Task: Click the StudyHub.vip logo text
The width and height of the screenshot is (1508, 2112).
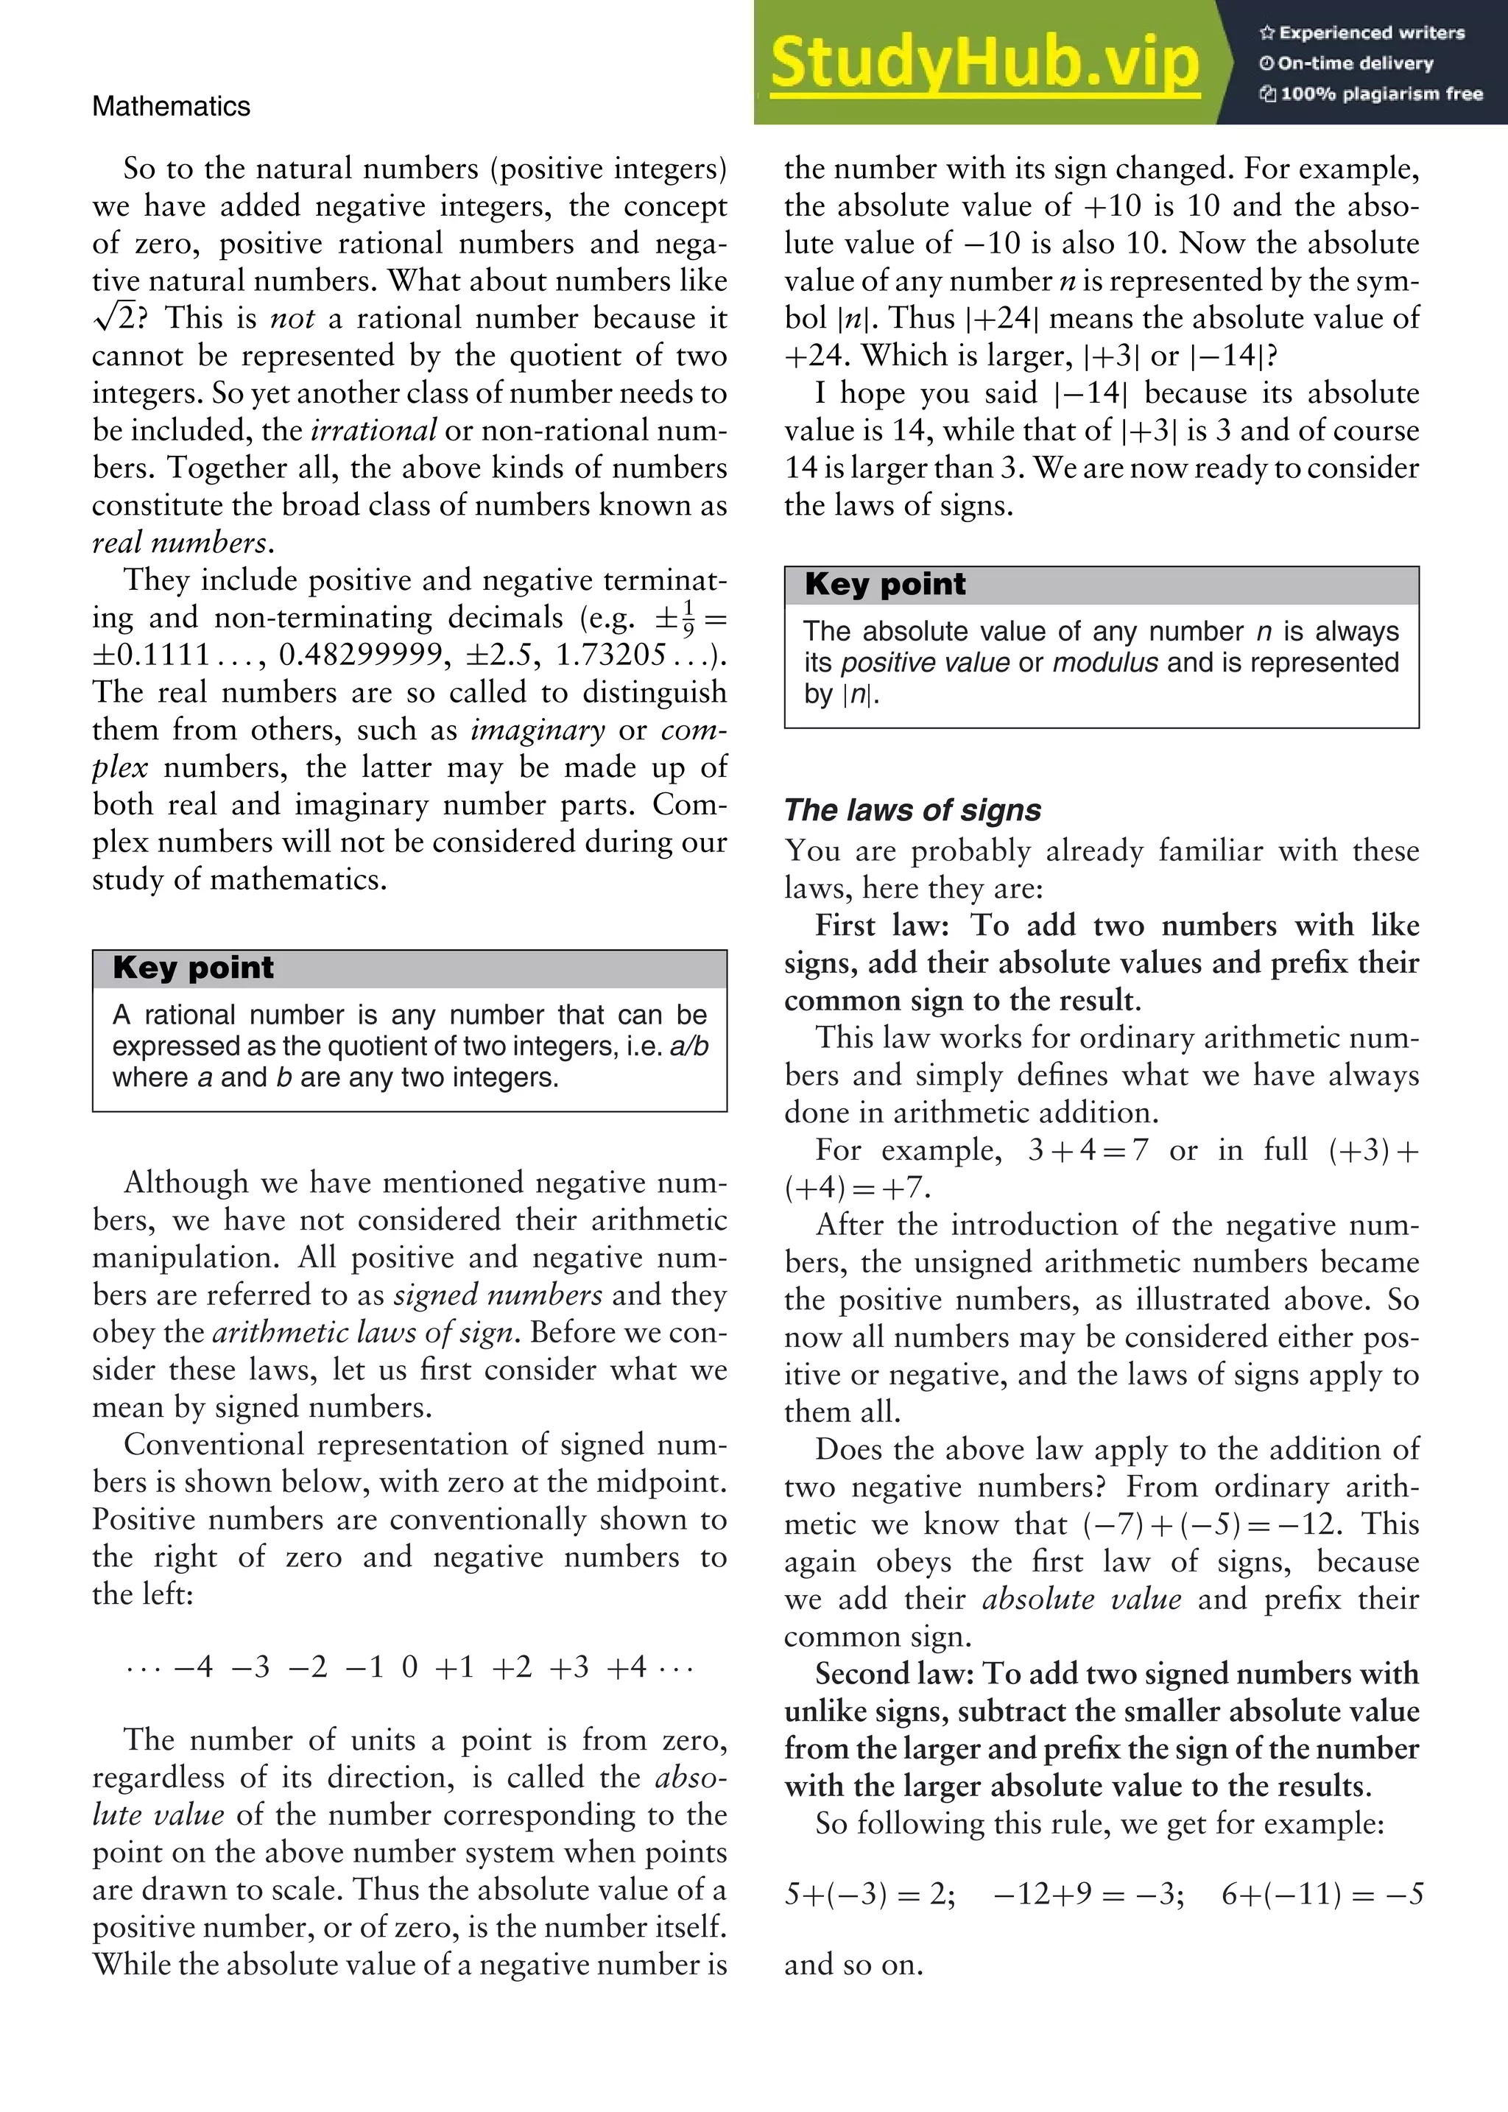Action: click(984, 63)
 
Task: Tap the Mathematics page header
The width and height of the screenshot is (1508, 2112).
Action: click(171, 106)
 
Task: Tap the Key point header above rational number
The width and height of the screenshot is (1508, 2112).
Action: click(193, 968)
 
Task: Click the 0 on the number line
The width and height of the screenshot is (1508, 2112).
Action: click(409, 1667)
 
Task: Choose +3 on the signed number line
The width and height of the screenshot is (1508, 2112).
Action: click(568, 1667)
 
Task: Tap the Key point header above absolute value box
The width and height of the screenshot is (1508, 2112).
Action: click(885, 584)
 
